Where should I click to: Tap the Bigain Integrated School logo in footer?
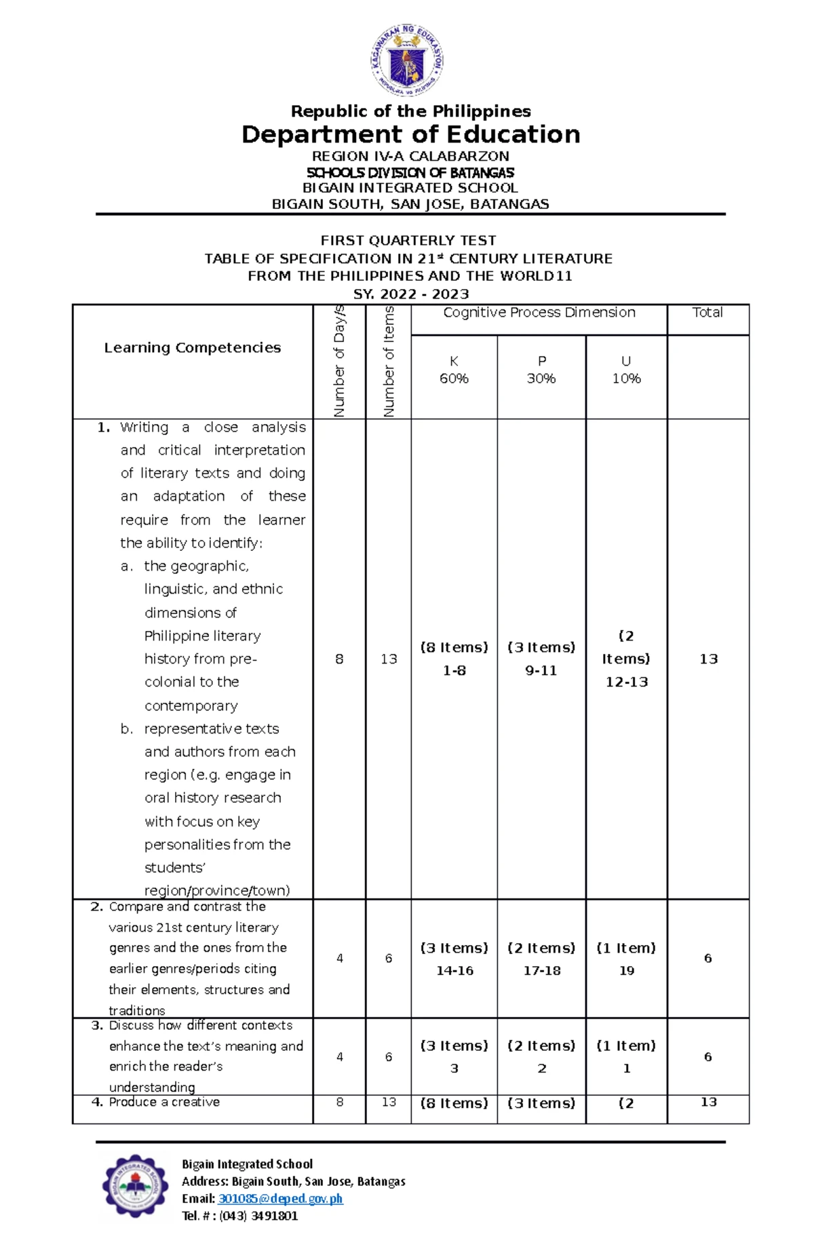pyautogui.click(x=135, y=1187)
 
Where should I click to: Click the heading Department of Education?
pyautogui.click(x=410, y=134)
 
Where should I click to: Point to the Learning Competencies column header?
pyautogui.click(x=192, y=347)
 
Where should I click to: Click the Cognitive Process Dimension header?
pyautogui.click(x=539, y=313)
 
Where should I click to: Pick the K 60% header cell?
pyautogui.click(x=454, y=370)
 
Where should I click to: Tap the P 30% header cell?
pyautogui.click(x=541, y=370)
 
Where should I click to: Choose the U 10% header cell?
pyautogui.click(x=626, y=370)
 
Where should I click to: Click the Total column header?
pyautogui.click(x=708, y=313)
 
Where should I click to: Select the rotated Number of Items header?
pyautogui.click(x=389, y=362)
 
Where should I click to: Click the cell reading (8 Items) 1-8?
pyautogui.click(x=454, y=659)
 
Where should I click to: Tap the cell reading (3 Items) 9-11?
pyautogui.click(x=541, y=659)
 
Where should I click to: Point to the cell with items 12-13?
pyautogui.click(x=626, y=659)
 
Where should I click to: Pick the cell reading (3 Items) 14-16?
pyautogui.click(x=454, y=959)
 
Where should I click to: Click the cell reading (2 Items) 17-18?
pyautogui.click(x=541, y=959)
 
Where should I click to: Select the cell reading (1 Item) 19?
pyautogui.click(x=626, y=959)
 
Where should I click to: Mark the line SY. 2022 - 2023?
pyautogui.click(x=411, y=294)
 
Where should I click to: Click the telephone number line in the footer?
pyautogui.click(x=239, y=1216)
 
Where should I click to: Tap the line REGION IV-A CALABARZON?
pyautogui.click(x=410, y=156)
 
